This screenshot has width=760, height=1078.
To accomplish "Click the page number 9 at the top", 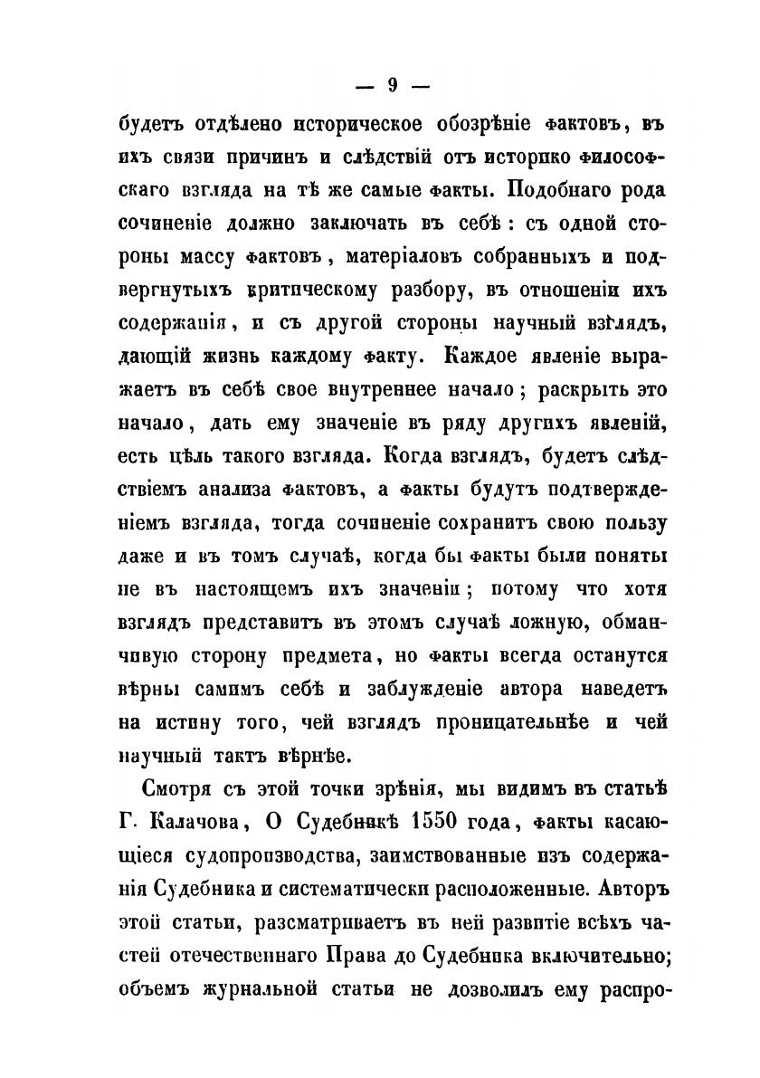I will pos(393,86).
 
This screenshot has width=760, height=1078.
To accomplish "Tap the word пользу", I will pos(630,525).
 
